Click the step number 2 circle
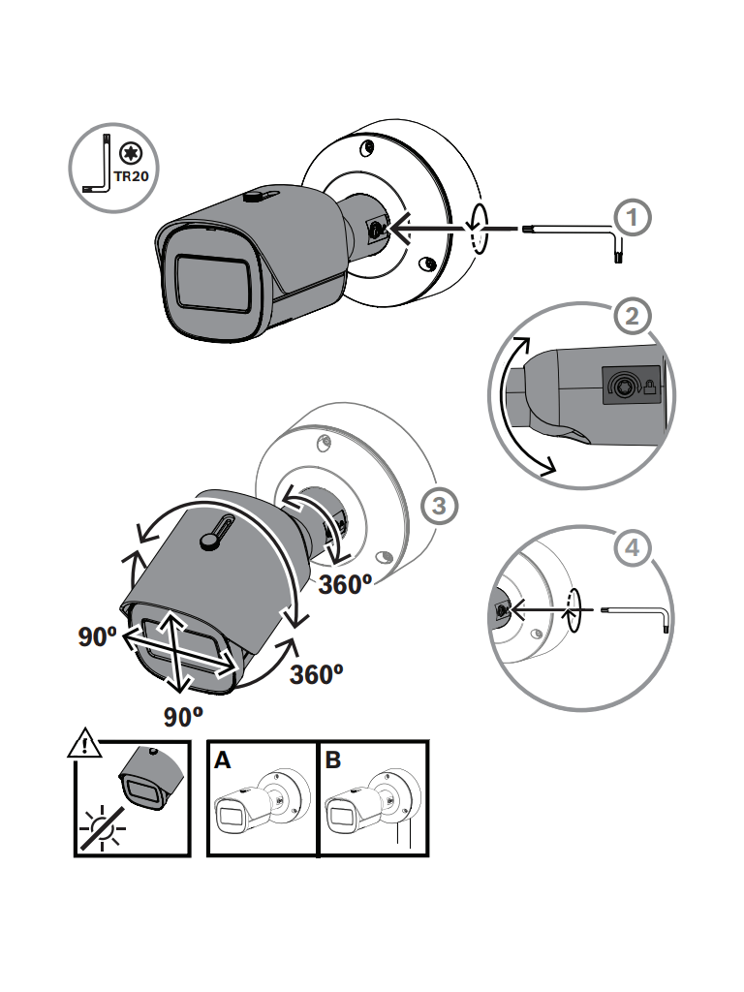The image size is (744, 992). [x=633, y=316]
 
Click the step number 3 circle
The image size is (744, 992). [x=439, y=505]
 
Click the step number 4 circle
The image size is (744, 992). [x=633, y=548]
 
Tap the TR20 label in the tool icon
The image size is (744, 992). [x=130, y=178]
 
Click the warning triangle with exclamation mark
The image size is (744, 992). [x=85, y=745]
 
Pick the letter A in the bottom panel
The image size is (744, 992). [x=223, y=760]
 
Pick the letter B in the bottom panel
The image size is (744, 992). [x=333, y=760]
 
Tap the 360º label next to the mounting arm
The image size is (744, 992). [x=346, y=584]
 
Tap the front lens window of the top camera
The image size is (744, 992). [x=212, y=283]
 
